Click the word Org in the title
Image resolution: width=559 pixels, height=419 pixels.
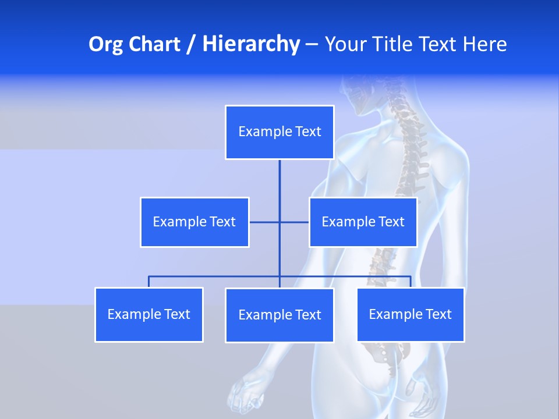tap(105, 44)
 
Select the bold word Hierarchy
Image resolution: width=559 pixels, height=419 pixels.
tap(251, 44)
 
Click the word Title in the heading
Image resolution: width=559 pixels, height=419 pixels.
tap(395, 44)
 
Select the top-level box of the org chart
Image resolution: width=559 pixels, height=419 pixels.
tap(279, 132)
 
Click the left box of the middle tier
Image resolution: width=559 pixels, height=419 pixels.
tap(194, 222)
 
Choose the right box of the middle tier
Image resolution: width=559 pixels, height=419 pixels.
tap(363, 222)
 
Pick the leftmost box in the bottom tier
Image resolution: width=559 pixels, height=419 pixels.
tap(149, 314)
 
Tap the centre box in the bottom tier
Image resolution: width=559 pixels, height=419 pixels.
tap(279, 315)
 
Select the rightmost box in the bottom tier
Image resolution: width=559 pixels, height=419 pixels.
tap(410, 314)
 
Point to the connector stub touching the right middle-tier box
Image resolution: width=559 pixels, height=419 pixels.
tap(295, 222)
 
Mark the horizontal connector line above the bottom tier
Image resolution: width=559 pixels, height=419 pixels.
tap(215, 276)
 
